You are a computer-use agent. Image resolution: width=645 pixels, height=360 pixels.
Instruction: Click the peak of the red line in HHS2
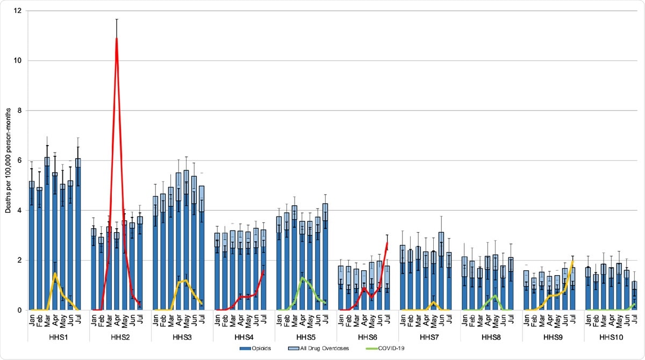(117, 39)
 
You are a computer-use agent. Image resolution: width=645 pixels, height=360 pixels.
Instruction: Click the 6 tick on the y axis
(19, 161)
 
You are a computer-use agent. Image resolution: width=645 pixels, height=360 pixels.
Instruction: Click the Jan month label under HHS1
(32, 321)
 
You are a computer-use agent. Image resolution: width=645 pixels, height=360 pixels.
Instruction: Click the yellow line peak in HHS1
(55, 273)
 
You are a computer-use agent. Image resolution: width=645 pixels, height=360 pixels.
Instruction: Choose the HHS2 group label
(117, 339)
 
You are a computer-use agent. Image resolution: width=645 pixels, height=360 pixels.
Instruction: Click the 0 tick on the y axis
(19, 310)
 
